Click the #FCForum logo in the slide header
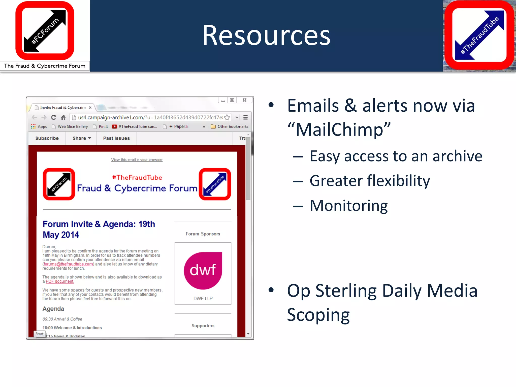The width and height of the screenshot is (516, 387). tap(45, 30)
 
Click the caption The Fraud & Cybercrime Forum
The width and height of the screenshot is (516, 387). tap(45, 66)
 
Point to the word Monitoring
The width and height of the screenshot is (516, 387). tap(348, 206)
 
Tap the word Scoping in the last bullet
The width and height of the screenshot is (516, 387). tap(318, 315)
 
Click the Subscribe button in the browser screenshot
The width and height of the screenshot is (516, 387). tap(47, 138)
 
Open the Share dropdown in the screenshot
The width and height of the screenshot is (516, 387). tap(81, 138)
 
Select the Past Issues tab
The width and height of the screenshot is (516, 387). tap(116, 138)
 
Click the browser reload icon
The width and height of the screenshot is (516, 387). tap(53, 117)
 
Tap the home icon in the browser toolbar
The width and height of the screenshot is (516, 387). tap(63, 117)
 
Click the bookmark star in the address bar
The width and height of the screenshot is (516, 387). tap(227, 117)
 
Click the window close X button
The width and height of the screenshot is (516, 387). tap(244, 100)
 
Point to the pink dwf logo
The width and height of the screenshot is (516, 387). tap(203, 270)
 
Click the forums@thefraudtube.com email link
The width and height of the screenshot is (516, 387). tap(68, 264)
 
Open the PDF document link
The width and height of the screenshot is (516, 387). tap(60, 281)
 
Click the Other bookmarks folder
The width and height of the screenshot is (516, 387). tap(230, 126)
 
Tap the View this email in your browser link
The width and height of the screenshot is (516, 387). tap(137, 160)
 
